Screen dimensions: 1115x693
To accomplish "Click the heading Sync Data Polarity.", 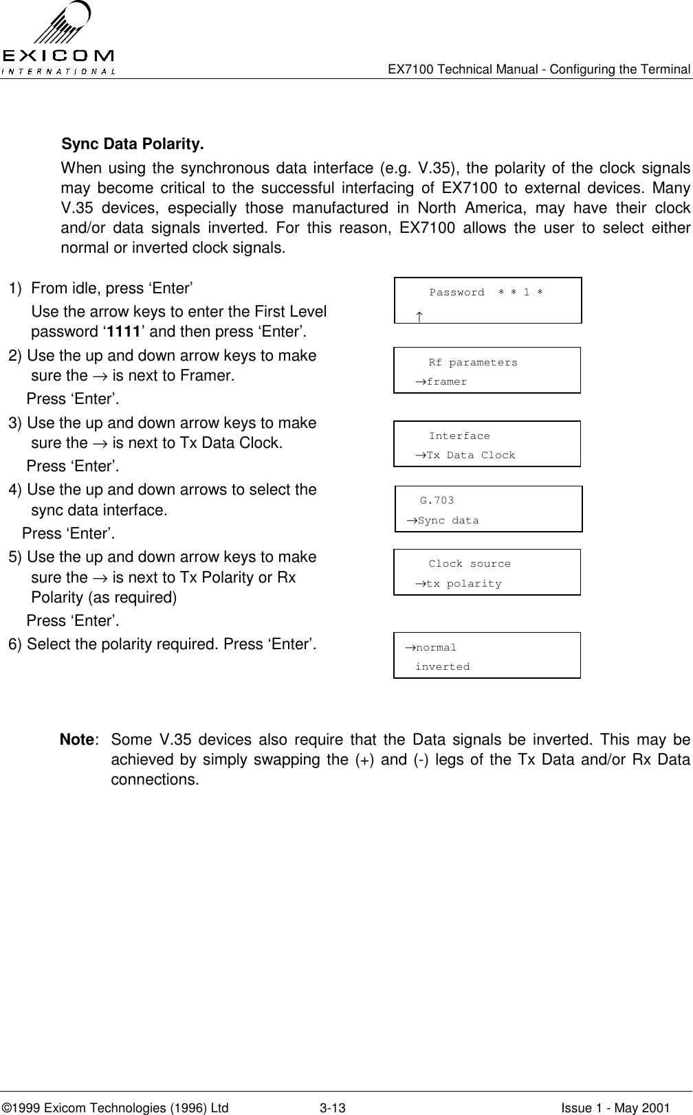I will coord(133,145).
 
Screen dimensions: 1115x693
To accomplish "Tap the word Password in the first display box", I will coord(456,293).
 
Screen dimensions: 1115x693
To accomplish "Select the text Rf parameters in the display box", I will coord(473,363).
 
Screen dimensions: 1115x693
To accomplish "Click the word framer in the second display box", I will coord(447,382).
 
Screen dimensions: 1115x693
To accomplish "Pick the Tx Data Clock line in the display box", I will coord(470,455).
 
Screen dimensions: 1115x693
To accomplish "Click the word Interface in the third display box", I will coord(459,436).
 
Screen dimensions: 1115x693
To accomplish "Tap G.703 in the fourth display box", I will coord(437,501).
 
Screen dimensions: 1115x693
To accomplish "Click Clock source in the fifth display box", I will coord(470,564).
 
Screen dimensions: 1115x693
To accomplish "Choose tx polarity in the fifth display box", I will coord(463,584).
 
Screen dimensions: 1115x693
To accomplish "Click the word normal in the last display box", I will coord(436,648).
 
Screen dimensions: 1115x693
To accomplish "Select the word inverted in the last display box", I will coord(443,667).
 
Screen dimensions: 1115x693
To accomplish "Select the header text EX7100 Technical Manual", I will coord(467,69).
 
